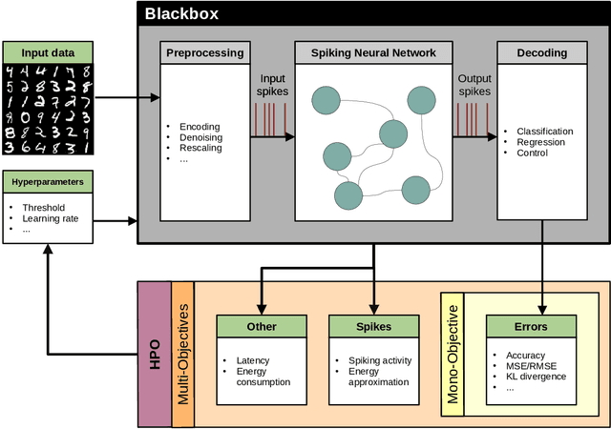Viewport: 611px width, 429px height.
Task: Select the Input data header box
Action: click(47, 52)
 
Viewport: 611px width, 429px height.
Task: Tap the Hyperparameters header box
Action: click(47, 181)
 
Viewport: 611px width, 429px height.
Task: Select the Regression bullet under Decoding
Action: click(540, 143)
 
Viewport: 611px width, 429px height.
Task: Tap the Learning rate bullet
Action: click(52, 217)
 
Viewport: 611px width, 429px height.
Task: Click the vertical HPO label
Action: click(155, 353)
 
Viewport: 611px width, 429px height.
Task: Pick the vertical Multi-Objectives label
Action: click(183, 353)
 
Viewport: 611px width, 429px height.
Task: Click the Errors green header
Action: click(531, 326)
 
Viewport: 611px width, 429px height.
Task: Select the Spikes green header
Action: click(373, 326)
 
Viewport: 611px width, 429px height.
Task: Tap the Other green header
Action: click(261, 326)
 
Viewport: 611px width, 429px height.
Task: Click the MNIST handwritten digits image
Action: click(47, 108)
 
